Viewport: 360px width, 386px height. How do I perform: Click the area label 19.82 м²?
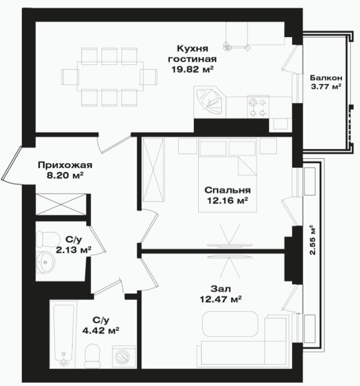(x=192, y=70)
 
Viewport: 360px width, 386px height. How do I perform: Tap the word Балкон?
(x=326, y=78)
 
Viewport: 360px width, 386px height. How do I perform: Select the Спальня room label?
(x=227, y=190)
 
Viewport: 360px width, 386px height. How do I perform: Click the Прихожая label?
(x=65, y=165)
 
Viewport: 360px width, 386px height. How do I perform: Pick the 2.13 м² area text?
(x=74, y=250)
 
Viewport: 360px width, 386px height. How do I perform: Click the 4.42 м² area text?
(x=101, y=331)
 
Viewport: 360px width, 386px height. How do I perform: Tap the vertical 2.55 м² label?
(x=312, y=240)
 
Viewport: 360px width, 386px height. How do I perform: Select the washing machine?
(x=123, y=357)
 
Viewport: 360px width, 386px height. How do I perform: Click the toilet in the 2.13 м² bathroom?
(x=48, y=239)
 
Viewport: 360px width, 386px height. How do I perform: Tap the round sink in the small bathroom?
(x=45, y=262)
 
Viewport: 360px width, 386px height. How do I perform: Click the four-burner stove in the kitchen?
(x=258, y=107)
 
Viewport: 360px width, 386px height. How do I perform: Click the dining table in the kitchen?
(x=110, y=76)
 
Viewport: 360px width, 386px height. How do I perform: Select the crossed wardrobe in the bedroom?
(x=153, y=170)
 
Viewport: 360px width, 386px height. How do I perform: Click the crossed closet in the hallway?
(x=61, y=204)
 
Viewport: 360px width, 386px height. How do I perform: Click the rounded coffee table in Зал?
(x=230, y=324)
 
